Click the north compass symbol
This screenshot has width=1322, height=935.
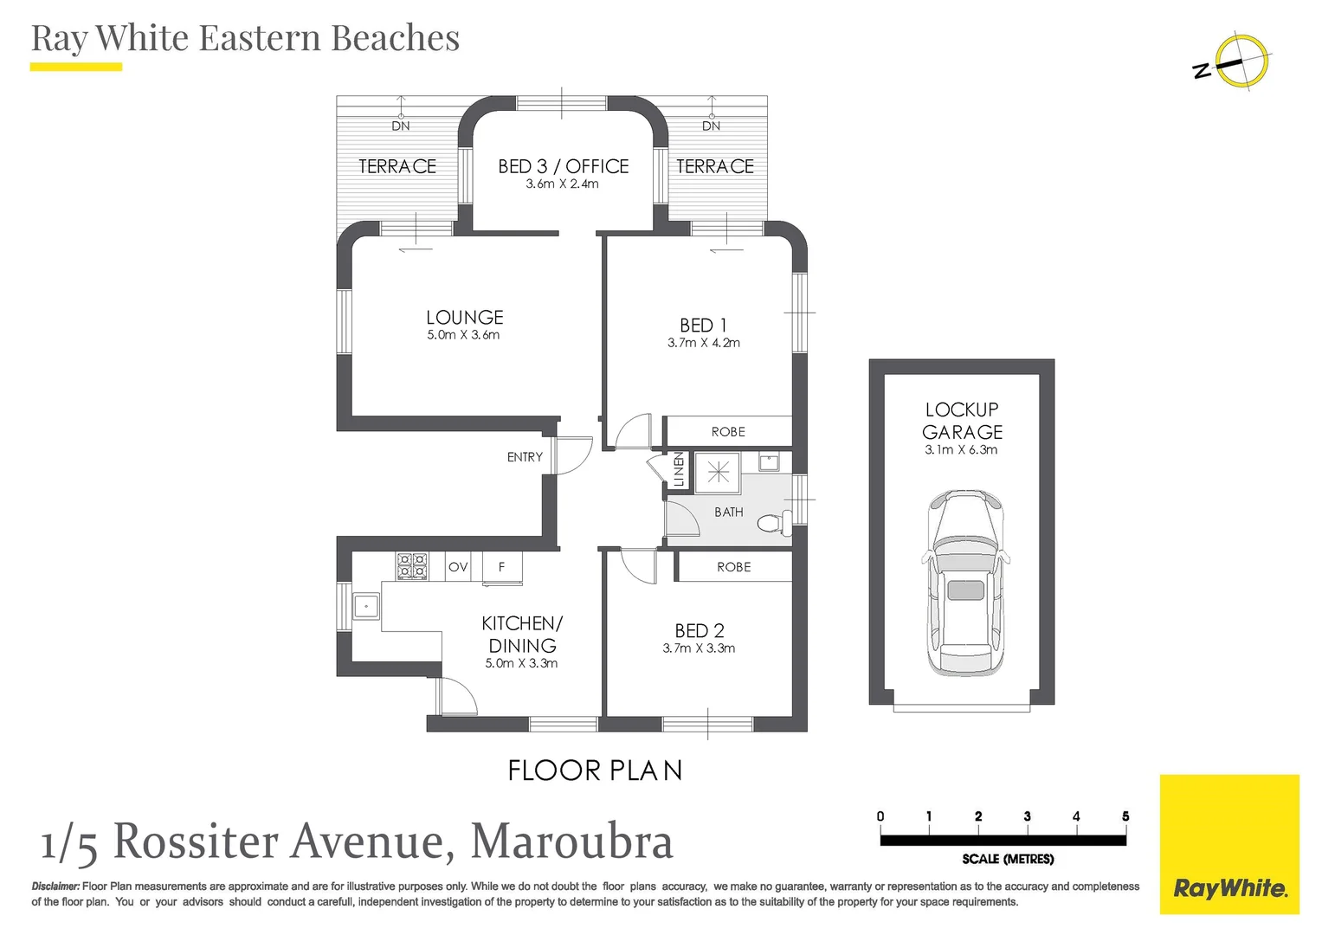pyautogui.click(x=1239, y=62)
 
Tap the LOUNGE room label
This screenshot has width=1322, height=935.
pyautogui.click(x=464, y=318)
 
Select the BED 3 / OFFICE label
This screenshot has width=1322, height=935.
pyautogui.click(x=563, y=166)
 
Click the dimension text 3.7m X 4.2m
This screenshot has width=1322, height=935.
pyautogui.click(x=703, y=343)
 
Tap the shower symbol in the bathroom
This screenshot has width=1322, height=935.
pyautogui.click(x=718, y=473)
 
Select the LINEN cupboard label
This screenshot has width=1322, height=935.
pyautogui.click(x=678, y=470)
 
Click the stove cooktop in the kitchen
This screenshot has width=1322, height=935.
pyautogui.click(x=412, y=566)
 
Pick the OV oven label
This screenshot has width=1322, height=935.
pyautogui.click(x=458, y=567)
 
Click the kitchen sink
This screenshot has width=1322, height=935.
pyautogui.click(x=366, y=605)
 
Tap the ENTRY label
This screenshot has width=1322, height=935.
pyautogui.click(x=525, y=457)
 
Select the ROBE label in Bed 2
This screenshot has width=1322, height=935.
pyautogui.click(x=733, y=567)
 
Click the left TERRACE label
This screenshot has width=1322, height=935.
pyautogui.click(x=397, y=166)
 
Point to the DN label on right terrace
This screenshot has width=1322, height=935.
pyautogui.click(x=711, y=126)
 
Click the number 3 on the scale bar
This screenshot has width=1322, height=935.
pyautogui.click(x=1027, y=816)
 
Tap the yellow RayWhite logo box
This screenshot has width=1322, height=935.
pyautogui.click(x=1229, y=844)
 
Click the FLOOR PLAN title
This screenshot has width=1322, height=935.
pyautogui.click(x=595, y=771)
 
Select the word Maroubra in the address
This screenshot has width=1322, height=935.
pyautogui.click(x=571, y=841)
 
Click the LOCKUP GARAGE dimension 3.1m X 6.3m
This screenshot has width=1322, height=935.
pyautogui.click(x=961, y=450)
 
